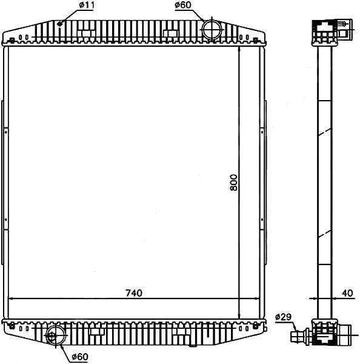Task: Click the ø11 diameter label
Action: coord(87,5)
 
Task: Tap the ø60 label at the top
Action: coord(183,5)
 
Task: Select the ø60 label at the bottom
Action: coord(80,357)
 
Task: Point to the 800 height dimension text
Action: coord(234,183)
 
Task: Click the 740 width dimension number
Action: coord(134,293)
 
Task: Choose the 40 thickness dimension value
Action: coord(347,293)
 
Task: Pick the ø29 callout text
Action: coord(283,317)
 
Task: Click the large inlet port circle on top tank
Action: coord(212,30)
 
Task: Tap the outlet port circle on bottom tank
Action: coord(56,335)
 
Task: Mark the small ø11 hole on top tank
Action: coord(60,24)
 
